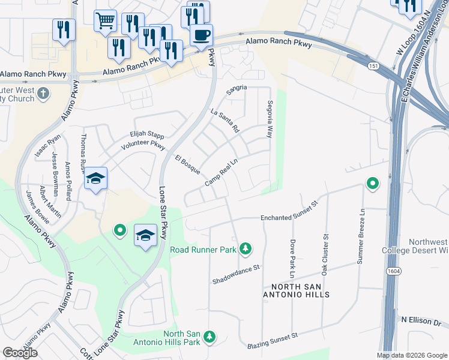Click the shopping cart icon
(x=105, y=21)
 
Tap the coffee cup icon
(x=201, y=34)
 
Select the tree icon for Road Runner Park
(x=245, y=248)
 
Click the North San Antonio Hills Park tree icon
(x=209, y=338)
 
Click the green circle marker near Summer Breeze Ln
(x=372, y=183)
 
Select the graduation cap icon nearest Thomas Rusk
(x=95, y=179)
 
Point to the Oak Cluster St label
(x=325, y=255)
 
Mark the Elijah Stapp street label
(x=146, y=135)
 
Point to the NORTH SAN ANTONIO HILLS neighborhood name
(x=296, y=290)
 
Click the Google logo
(x=20, y=353)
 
